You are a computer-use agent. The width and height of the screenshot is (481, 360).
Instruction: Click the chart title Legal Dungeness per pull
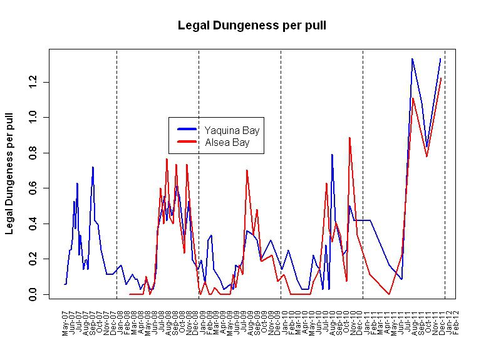coord(251,26)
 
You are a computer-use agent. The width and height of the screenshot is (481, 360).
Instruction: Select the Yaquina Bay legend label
coord(232,131)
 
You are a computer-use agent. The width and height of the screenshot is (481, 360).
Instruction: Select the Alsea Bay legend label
coord(227,143)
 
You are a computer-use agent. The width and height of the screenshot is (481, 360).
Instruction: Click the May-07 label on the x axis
coord(65,322)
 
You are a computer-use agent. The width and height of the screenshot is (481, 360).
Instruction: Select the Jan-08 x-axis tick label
coord(120,322)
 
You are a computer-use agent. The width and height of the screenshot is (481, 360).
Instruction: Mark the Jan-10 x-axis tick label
coord(283,322)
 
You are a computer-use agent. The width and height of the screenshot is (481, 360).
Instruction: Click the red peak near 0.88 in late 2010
coord(349,138)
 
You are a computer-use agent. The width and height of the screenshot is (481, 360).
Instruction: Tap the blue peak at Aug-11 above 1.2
coord(412,59)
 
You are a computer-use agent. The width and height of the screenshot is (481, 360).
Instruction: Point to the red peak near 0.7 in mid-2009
coord(247,170)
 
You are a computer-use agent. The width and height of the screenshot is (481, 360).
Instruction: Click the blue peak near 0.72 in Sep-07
coord(93,167)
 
